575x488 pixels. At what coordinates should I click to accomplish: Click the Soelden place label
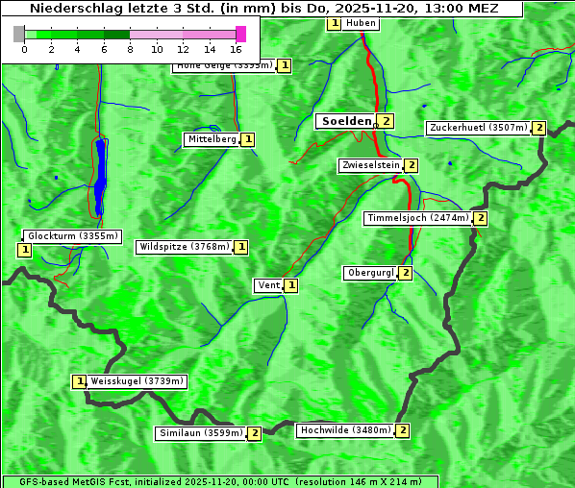pyautogui.click(x=344, y=121)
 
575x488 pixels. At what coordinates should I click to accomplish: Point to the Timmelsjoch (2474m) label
pyautogui.click(x=417, y=218)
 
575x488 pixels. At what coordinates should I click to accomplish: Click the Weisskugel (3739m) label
pyautogui.click(x=137, y=381)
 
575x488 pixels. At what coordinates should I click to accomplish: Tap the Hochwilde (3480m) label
pyautogui.click(x=344, y=430)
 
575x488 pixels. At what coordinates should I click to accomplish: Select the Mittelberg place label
pyautogui.click(x=212, y=139)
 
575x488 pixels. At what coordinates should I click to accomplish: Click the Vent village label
pyautogui.click(x=268, y=285)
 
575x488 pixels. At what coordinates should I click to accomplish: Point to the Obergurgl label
pyautogui.click(x=370, y=273)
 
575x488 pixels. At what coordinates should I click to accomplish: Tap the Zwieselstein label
pyautogui.click(x=370, y=165)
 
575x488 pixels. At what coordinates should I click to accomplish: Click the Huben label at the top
pyautogui.click(x=361, y=23)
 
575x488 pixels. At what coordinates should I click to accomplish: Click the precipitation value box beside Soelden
pyautogui.click(x=387, y=121)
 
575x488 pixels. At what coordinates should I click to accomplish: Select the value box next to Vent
pyautogui.click(x=291, y=285)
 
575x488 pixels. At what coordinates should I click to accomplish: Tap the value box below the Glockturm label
pyautogui.click(x=25, y=250)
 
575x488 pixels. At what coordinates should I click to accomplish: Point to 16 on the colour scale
pyautogui.click(x=237, y=49)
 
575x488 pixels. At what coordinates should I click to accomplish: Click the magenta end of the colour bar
pyautogui.click(x=240, y=34)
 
